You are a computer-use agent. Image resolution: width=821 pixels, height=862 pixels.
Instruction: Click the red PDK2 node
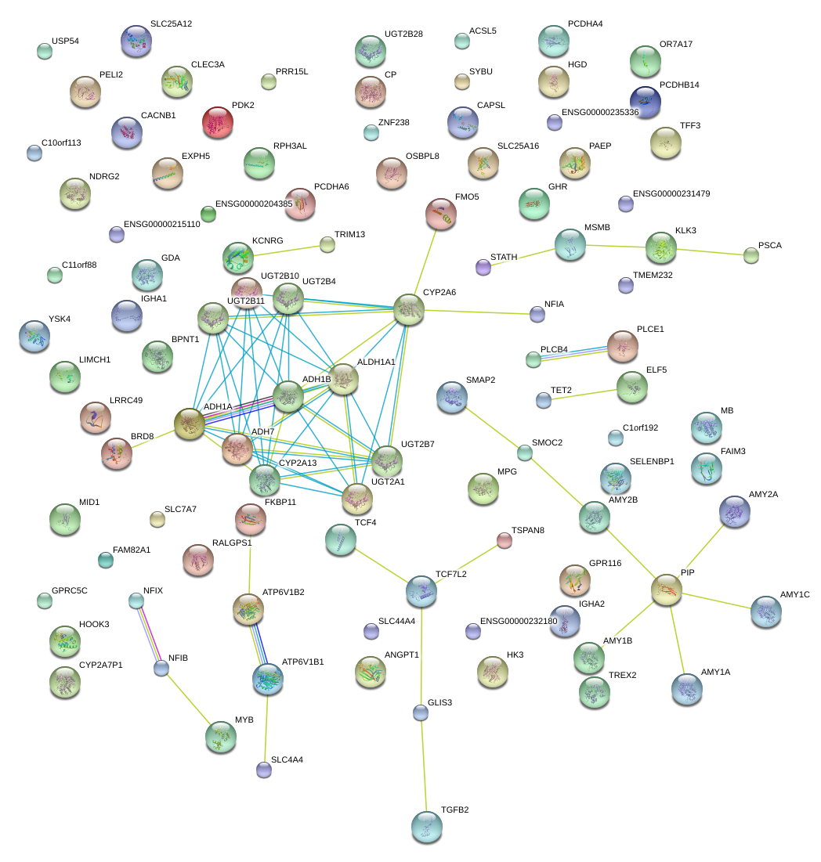pyautogui.click(x=218, y=122)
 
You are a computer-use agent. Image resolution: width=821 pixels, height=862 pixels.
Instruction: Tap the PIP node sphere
pyautogui.click(x=666, y=589)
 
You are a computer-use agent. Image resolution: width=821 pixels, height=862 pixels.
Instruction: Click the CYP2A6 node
pyautogui.click(x=408, y=309)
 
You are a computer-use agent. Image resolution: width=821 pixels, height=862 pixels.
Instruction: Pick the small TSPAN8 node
pyautogui.click(x=505, y=539)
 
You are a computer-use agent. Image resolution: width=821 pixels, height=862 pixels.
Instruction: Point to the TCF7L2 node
pyautogui.click(x=421, y=591)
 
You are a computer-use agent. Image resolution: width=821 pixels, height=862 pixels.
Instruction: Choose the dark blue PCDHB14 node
pyautogui.click(x=645, y=101)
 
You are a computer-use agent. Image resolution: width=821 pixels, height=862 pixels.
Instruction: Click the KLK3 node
pyautogui.click(x=661, y=247)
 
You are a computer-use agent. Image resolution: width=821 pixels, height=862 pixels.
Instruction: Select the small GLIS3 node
pyautogui.click(x=421, y=712)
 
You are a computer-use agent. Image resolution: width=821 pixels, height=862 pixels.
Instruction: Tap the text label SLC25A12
pyautogui.click(x=171, y=24)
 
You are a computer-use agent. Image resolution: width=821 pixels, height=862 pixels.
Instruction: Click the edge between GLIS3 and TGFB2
pyautogui.click(x=424, y=767)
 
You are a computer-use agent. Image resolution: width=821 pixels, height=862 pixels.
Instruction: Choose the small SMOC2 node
pyautogui.click(x=524, y=453)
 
